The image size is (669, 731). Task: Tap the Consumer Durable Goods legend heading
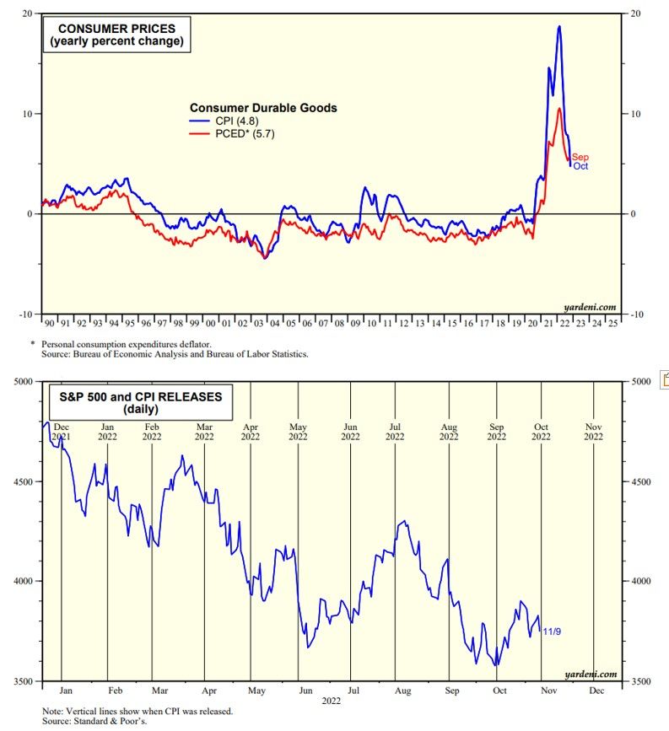point(262,108)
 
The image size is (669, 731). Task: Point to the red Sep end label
point(580,158)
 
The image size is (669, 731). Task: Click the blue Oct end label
point(580,167)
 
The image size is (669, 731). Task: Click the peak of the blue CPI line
point(558,27)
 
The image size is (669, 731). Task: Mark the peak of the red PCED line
point(558,109)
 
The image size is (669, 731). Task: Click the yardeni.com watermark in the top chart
point(590,307)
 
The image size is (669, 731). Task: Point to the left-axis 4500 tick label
point(23,481)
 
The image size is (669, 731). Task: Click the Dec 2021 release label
point(62,431)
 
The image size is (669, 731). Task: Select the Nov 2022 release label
point(593,431)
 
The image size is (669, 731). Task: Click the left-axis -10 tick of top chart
point(26,314)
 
